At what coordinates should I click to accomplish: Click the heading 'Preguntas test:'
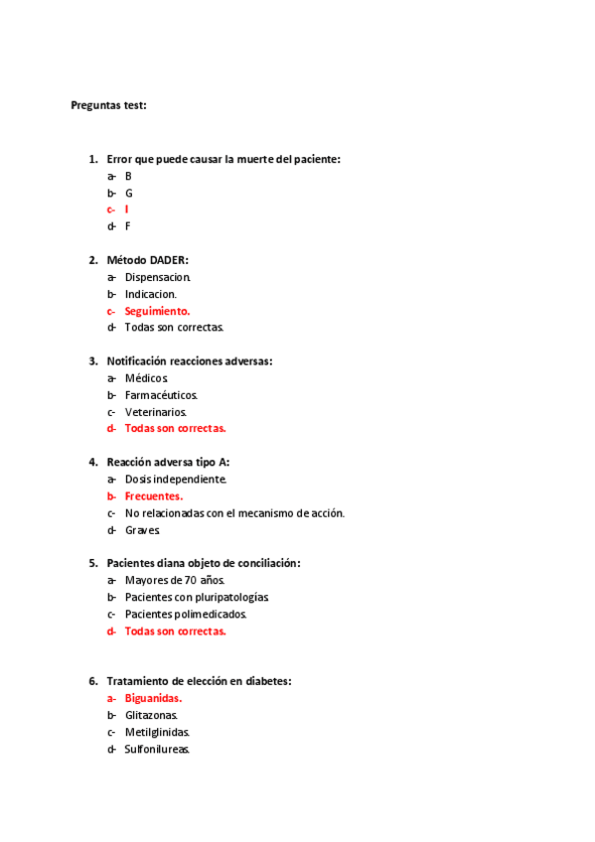108,105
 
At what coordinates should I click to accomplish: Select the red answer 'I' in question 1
126,210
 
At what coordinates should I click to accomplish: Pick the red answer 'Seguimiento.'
157,311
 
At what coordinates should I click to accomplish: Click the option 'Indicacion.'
151,294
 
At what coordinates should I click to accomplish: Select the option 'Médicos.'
147,378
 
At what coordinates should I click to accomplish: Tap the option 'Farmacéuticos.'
161,395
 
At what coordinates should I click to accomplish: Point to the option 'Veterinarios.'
155,412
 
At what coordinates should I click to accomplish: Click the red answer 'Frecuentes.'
154,496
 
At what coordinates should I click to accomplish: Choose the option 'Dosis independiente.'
176,480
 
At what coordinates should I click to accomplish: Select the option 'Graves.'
142,530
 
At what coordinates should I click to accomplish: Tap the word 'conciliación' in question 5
266,563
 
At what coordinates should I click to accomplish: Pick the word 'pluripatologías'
231,597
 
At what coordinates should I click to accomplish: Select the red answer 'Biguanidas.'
153,698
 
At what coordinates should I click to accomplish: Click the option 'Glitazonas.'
151,715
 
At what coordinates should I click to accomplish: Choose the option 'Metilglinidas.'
157,732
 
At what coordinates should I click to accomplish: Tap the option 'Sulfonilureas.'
157,749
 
